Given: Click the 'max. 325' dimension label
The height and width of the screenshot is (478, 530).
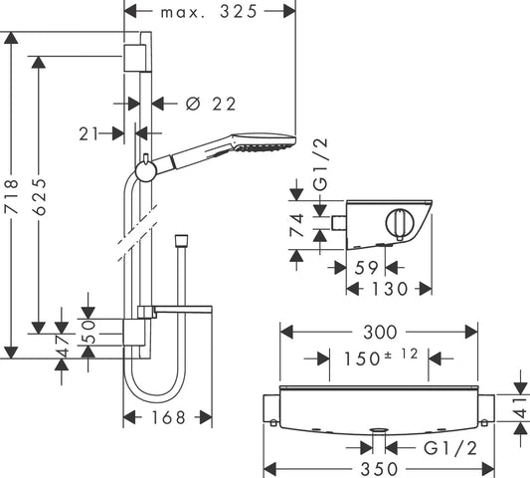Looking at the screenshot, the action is pyautogui.click(x=209, y=12).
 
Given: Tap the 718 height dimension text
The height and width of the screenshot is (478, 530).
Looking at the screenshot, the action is pyautogui.click(x=12, y=197).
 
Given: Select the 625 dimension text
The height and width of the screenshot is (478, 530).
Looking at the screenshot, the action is pyautogui.click(x=39, y=197).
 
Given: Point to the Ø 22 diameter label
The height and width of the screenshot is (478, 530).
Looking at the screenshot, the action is pyautogui.click(x=211, y=104).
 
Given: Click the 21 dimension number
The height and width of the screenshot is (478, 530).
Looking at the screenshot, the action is pyautogui.click(x=88, y=134).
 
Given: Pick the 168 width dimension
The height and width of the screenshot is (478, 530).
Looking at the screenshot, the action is pyautogui.click(x=169, y=417).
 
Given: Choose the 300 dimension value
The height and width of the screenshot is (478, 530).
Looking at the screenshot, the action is pyautogui.click(x=380, y=333).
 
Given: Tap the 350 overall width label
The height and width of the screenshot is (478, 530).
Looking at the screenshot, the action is pyautogui.click(x=379, y=470).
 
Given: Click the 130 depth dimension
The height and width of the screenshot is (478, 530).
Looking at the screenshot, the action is pyautogui.click(x=389, y=289).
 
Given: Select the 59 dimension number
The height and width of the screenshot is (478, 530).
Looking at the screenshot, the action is pyautogui.click(x=366, y=268).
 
